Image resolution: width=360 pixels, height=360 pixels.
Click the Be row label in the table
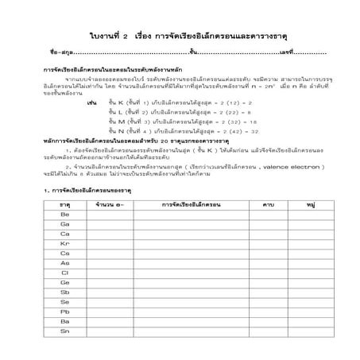pos(65,215)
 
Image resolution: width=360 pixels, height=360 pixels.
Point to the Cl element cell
pos(65,273)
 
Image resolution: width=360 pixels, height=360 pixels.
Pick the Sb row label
pos(65,292)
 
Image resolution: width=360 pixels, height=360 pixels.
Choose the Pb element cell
pos(65,312)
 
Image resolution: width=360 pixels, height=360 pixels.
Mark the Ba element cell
pos(65,321)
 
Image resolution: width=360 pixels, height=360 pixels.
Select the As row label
pos(65,263)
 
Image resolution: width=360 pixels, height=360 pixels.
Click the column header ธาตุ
pos(65,204)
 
